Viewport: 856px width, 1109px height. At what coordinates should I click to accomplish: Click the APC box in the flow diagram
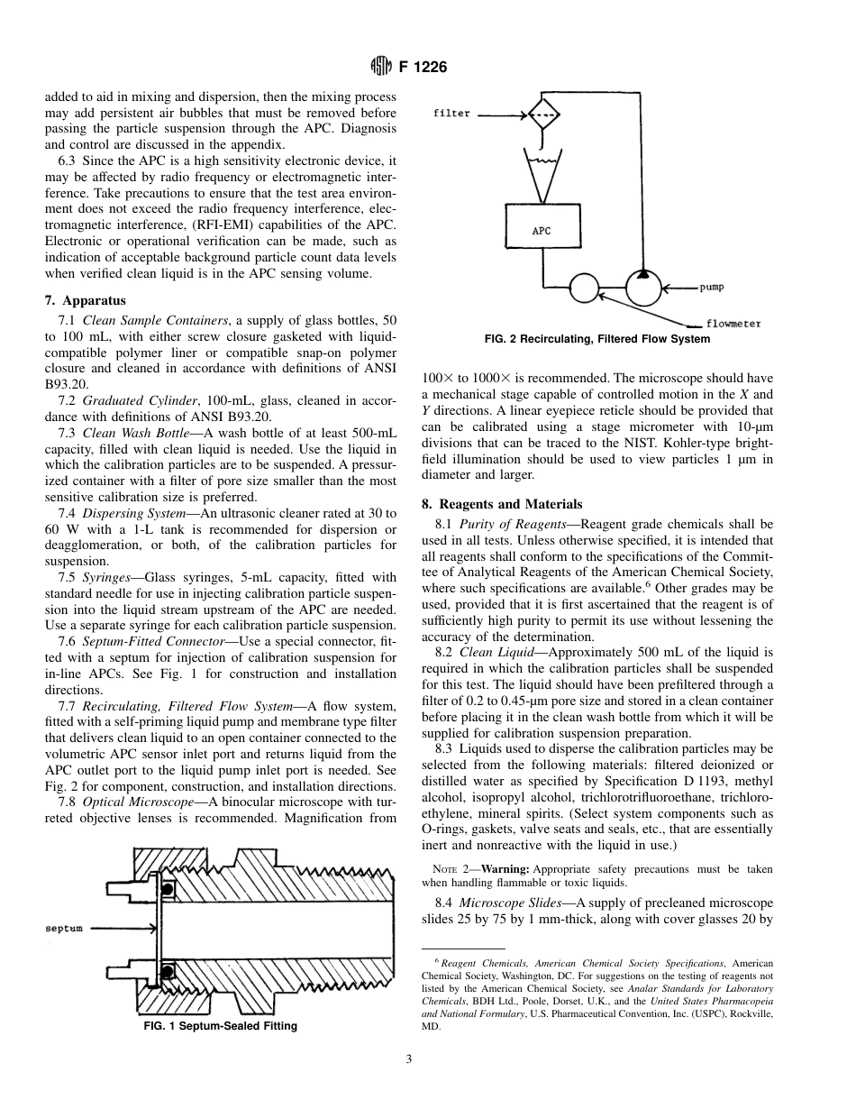[x=542, y=231]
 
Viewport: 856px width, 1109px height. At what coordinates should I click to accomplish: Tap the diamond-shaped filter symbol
[x=542, y=115]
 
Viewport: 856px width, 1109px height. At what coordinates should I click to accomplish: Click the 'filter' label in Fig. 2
[x=451, y=115]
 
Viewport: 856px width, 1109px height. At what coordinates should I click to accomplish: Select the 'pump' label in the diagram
[x=712, y=288]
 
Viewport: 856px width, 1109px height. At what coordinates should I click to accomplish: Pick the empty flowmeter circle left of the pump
[x=585, y=289]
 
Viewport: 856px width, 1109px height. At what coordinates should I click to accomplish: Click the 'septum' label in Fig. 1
[x=65, y=928]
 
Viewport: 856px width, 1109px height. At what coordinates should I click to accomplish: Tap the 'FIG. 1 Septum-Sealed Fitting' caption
[x=221, y=1026]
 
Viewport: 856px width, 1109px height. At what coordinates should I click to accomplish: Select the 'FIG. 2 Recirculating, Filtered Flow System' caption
[x=597, y=339]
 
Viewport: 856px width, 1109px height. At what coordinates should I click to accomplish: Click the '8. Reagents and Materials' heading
[x=502, y=504]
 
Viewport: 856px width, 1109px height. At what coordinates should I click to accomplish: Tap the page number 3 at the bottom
[x=409, y=1059]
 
